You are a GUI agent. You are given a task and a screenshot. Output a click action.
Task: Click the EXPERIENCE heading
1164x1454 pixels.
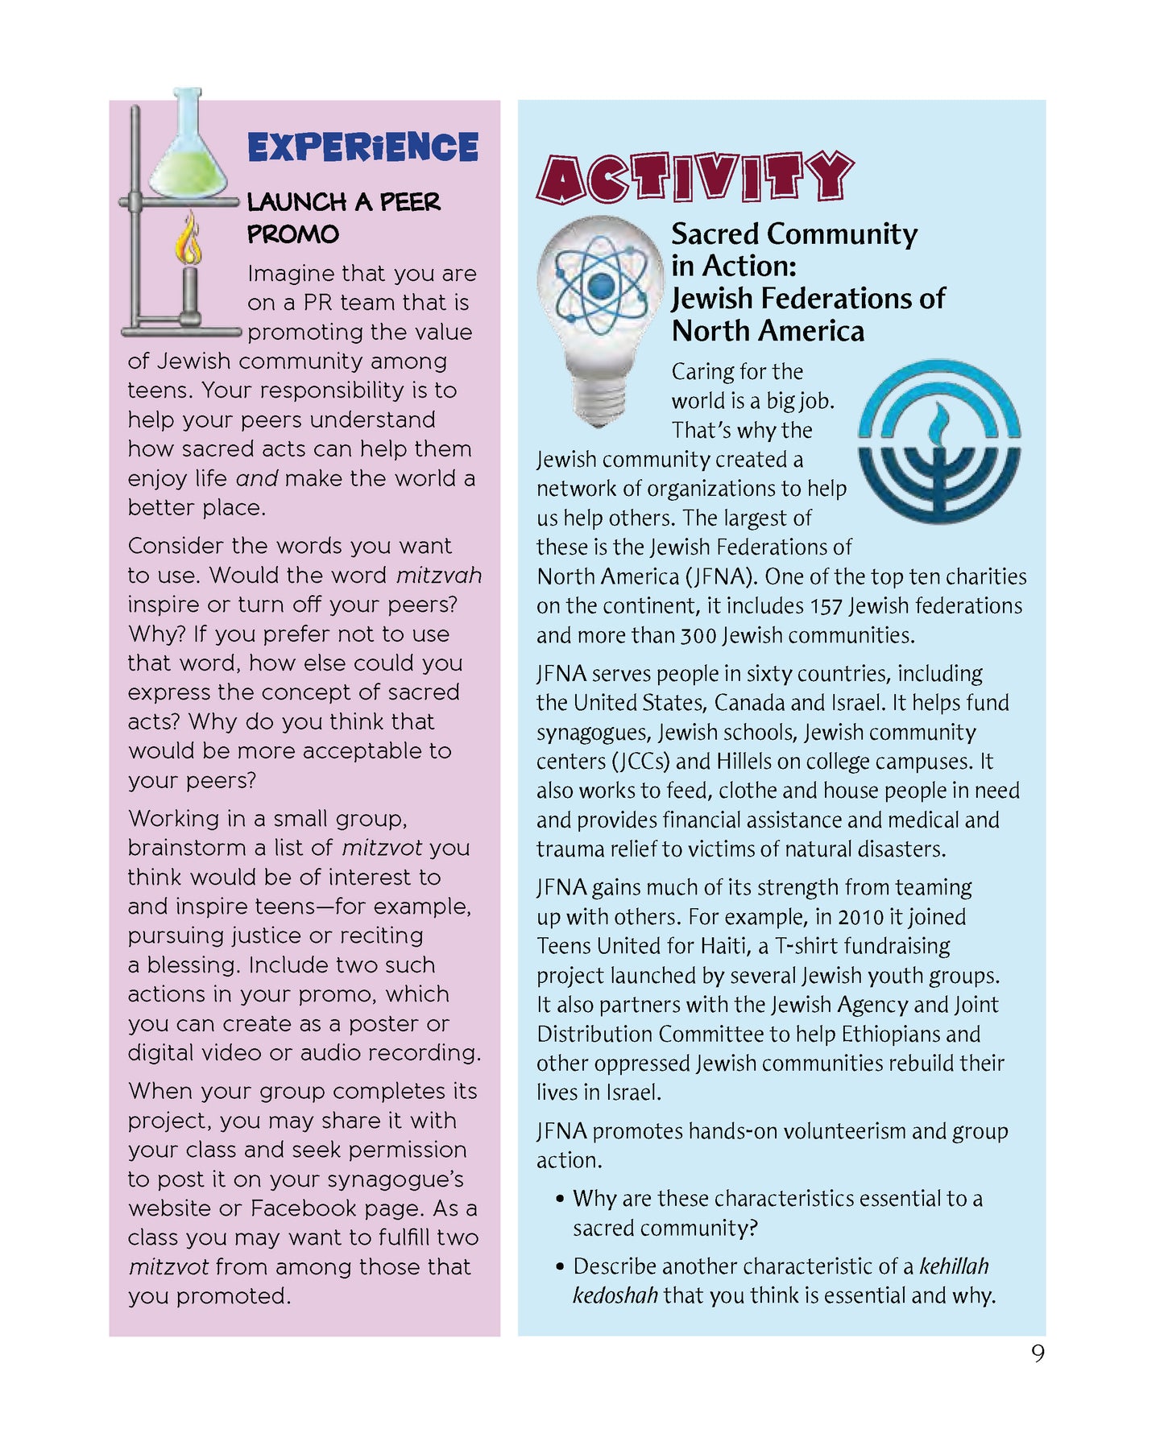(x=362, y=147)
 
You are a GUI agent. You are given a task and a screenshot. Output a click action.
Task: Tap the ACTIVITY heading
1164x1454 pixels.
(x=694, y=177)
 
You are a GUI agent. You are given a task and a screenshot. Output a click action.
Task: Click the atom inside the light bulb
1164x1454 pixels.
(x=600, y=285)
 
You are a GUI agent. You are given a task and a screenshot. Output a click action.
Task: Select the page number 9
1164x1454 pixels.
(x=1038, y=1353)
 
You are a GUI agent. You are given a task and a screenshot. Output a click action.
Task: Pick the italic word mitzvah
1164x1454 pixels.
(x=438, y=576)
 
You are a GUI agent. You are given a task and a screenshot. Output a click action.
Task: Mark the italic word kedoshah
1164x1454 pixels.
(x=615, y=1295)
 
